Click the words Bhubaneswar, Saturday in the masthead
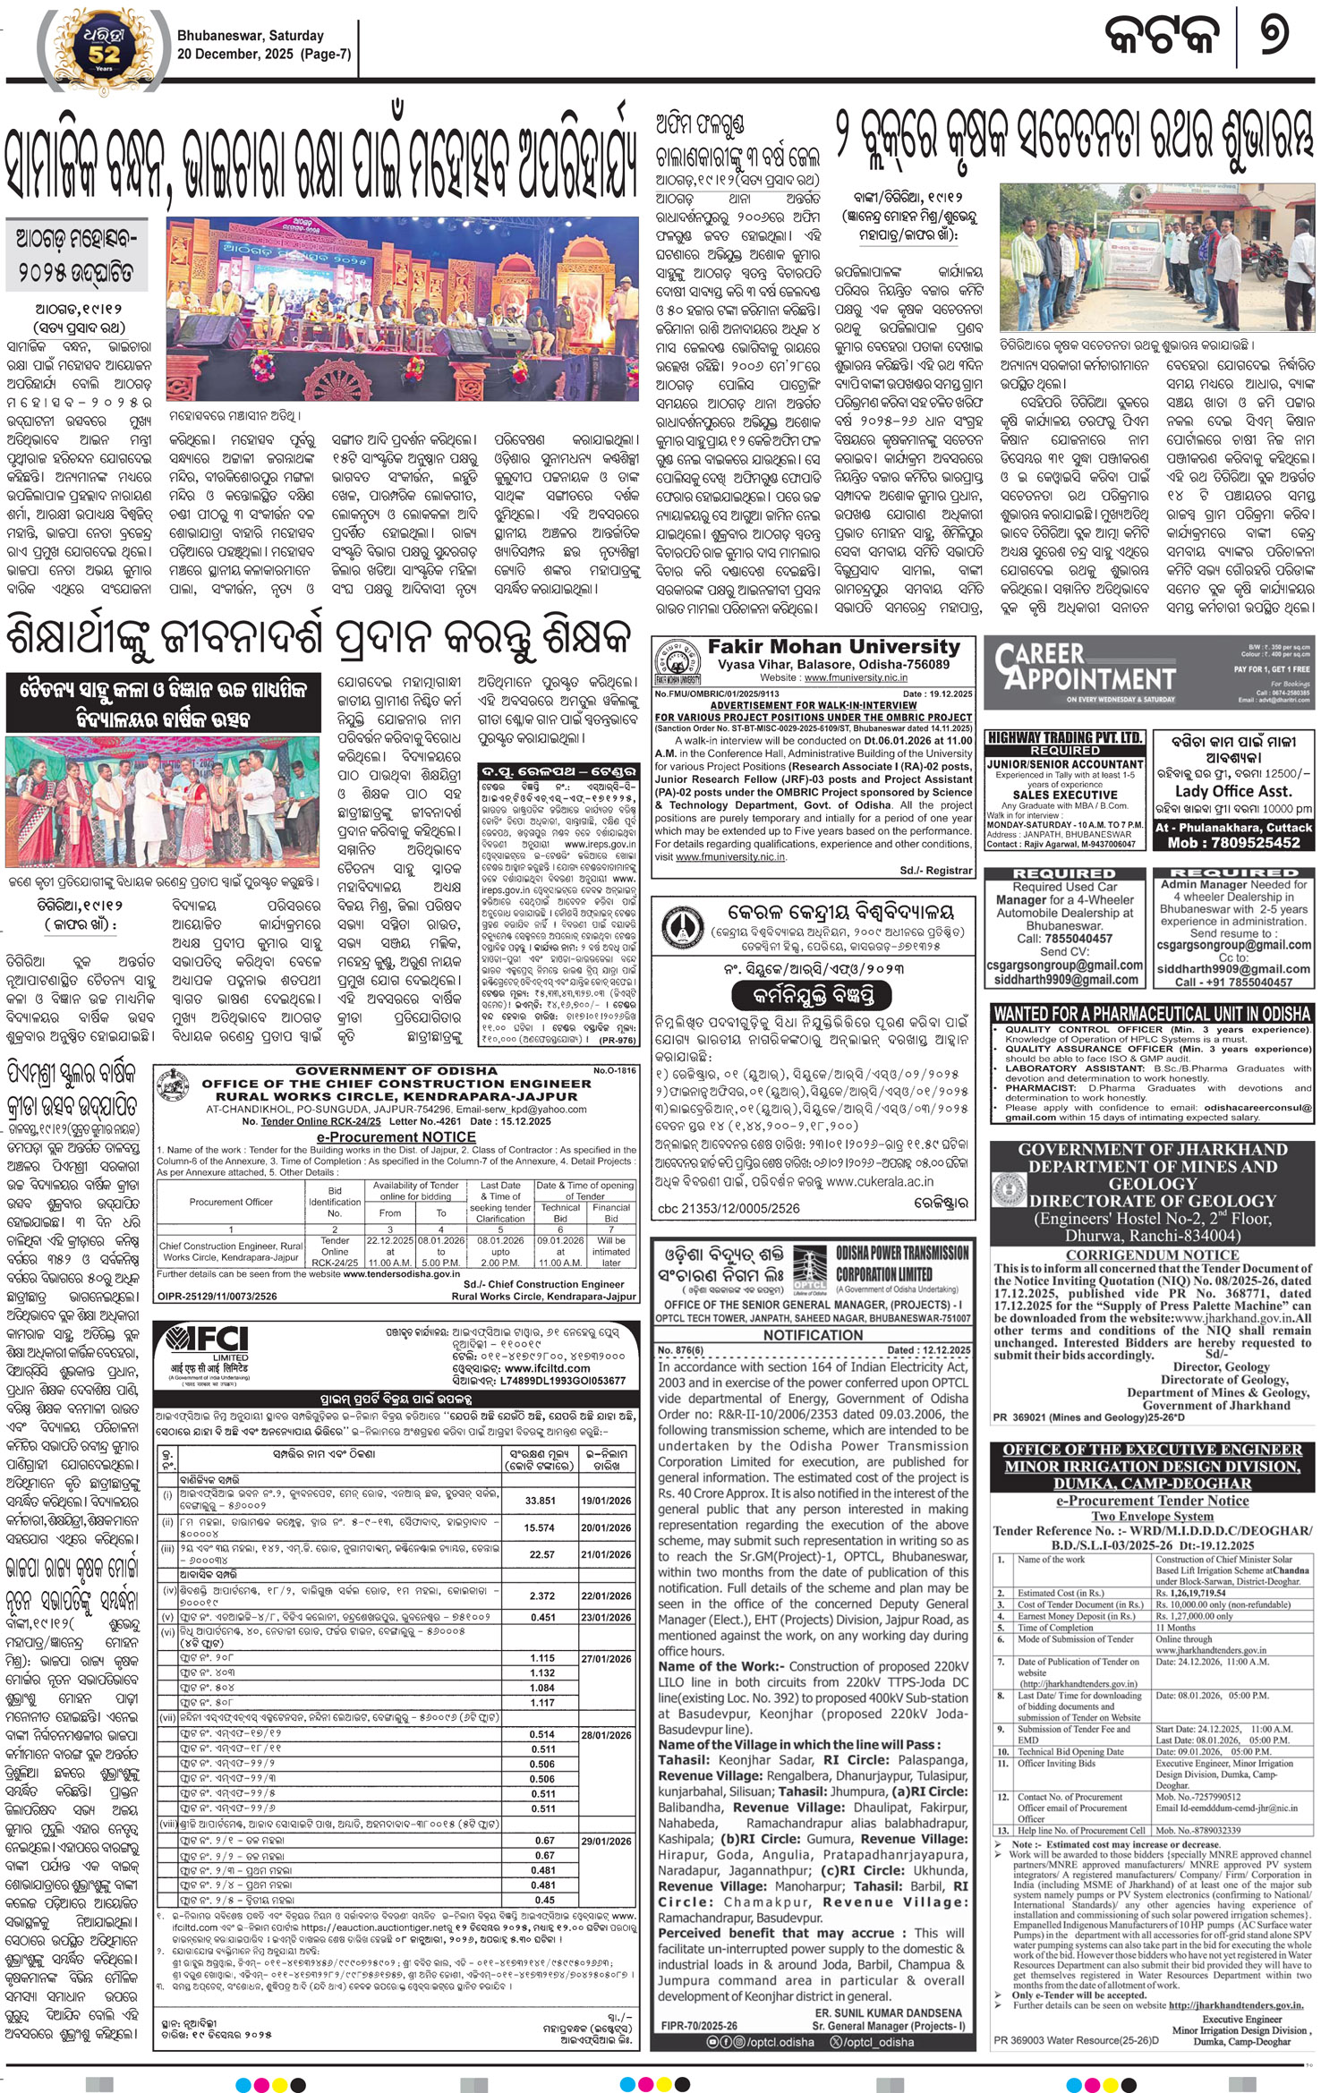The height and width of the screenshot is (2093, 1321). [250, 36]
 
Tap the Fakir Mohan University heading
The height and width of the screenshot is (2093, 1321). [833, 647]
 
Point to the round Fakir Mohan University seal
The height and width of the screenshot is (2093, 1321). [678, 661]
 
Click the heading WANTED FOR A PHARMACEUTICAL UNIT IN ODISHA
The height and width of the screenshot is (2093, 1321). [1152, 1014]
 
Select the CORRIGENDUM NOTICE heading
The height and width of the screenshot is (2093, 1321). [1152, 1255]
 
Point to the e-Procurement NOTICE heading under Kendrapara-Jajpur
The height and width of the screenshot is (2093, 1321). [396, 1136]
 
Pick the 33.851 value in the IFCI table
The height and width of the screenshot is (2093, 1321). [540, 1501]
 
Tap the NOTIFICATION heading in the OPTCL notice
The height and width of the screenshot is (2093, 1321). [813, 1335]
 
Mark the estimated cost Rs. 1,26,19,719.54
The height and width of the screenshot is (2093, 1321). [1190, 1593]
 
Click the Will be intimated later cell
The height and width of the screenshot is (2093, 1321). [611, 1252]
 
